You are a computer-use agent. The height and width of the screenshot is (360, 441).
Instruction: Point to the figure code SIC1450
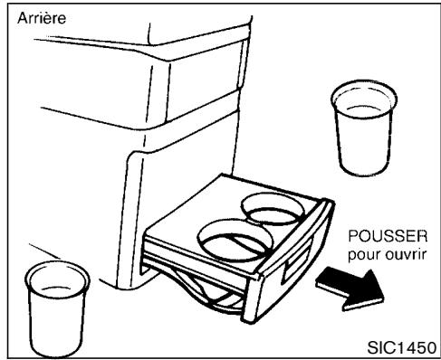click(x=399, y=346)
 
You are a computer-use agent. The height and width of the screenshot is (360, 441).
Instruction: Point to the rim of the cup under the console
click(x=54, y=271)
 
